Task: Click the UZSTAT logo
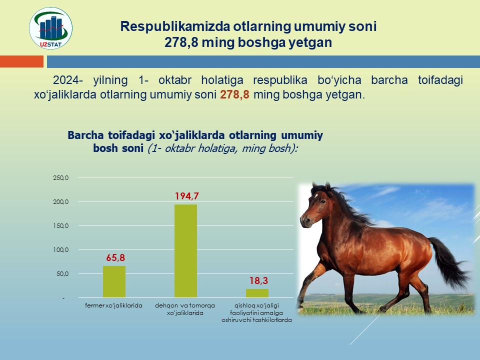[x=51, y=28]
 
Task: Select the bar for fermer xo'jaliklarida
[x=114, y=281]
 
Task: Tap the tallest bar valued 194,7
[x=186, y=250]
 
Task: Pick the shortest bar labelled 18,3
[x=257, y=293]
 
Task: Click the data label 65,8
[x=115, y=258]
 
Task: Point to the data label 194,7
[x=186, y=196]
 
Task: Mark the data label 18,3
[x=258, y=280]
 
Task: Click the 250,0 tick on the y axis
[x=61, y=178]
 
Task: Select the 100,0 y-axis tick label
[x=61, y=250]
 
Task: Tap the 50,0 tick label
[x=62, y=274]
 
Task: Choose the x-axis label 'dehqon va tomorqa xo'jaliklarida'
[x=185, y=309]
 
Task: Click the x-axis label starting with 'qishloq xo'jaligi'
[x=256, y=313]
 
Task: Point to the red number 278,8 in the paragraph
[x=234, y=94]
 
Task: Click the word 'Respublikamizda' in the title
[x=175, y=26]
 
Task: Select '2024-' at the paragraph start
[x=68, y=80]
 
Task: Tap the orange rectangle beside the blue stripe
[x=21, y=61]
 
